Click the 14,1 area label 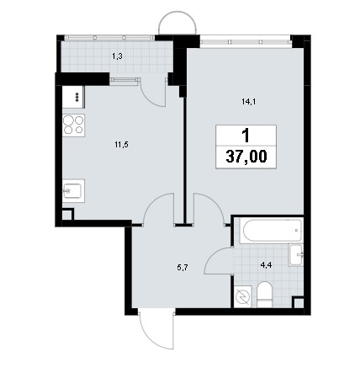point(249,102)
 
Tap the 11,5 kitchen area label point(121,145)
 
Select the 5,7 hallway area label point(183,267)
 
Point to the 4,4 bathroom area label point(266,265)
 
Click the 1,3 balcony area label point(117,56)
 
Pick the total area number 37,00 point(246,157)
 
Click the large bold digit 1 point(246,136)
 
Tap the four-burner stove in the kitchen point(73,125)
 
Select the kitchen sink point(73,191)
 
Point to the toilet point(264,295)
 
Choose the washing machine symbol point(243,296)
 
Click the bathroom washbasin point(296,255)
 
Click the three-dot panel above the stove point(73,97)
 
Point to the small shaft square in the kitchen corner point(67,215)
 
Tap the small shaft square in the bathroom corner point(299,302)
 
